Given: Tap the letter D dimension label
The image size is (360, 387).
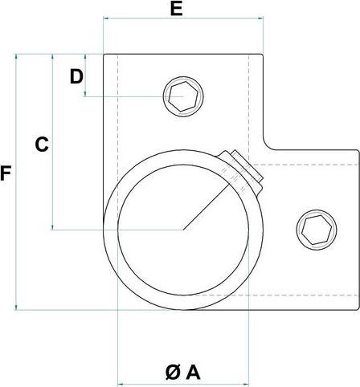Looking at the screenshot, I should click(x=76, y=77).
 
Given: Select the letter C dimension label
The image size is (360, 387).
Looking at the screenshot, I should click(x=42, y=145).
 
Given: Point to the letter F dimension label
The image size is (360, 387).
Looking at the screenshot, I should click(x=6, y=172).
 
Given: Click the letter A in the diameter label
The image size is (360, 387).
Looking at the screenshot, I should click(x=192, y=372).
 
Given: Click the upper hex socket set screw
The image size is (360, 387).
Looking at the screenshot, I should click(x=183, y=98).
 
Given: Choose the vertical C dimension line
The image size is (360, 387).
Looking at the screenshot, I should click(x=53, y=193).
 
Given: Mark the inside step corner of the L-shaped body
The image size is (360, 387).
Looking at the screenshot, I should click(x=265, y=149).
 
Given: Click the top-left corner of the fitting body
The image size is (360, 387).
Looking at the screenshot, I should click(x=104, y=55).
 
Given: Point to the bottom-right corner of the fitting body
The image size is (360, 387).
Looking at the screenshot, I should click(x=358, y=308).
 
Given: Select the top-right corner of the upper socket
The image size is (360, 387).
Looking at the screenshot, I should click(x=265, y=55).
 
